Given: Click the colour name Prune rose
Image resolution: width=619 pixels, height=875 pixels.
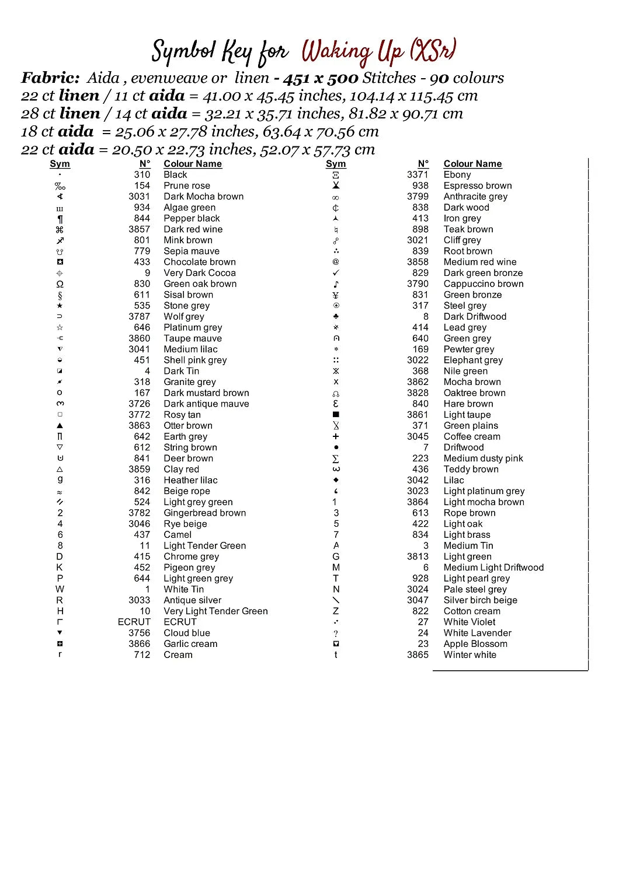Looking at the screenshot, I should [187, 185].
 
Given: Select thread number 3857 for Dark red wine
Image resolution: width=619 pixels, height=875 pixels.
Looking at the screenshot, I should [139, 229].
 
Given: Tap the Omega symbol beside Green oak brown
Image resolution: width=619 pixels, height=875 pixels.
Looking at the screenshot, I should [60, 284].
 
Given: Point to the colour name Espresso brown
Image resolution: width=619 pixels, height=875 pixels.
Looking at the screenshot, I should [477, 185].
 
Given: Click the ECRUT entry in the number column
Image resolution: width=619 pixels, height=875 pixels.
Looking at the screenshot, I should [134, 622].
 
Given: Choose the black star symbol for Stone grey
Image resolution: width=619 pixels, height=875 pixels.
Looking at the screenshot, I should [60, 306].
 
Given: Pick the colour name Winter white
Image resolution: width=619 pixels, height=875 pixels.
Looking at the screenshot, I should [470, 654].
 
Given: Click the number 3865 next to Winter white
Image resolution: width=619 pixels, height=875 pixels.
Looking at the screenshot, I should [418, 654].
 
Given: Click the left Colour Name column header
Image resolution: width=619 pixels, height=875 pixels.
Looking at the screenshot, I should [193, 164].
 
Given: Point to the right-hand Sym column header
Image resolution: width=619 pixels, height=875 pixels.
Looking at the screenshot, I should [336, 164].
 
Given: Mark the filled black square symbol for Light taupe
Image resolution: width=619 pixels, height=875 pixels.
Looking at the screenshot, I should [336, 415].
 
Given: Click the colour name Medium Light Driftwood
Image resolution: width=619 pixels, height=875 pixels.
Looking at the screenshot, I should [493, 568].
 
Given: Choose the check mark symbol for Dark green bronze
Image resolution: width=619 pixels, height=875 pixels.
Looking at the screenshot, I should [336, 273].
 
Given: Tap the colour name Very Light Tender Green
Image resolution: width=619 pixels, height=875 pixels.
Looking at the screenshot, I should [215, 611].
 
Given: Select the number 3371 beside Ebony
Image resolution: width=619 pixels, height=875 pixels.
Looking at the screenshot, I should [418, 174].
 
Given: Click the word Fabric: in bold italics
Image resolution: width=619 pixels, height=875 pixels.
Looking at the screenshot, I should [50, 78].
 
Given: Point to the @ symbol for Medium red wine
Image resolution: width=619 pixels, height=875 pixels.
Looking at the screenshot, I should [336, 262].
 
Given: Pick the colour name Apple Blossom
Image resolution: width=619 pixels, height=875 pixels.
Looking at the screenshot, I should [475, 644].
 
